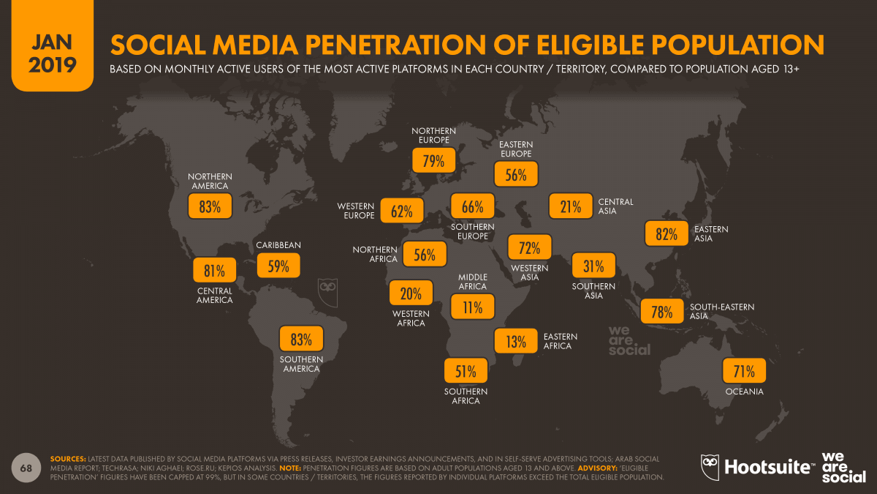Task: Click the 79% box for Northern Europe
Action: point(433,161)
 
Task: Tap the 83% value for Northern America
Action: point(210,207)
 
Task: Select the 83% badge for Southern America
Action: point(301,340)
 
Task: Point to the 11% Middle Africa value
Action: point(472,307)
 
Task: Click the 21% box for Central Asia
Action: point(571,207)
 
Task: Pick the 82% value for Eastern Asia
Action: point(666,234)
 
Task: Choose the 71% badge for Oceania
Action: point(744,372)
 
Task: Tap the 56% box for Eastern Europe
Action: point(516,175)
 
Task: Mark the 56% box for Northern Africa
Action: point(425,255)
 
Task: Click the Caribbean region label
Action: point(278,245)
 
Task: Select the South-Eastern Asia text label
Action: point(721,312)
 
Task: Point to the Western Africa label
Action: point(411,318)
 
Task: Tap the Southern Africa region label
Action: point(466,396)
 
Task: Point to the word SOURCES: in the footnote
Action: point(67,459)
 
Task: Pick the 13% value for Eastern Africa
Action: point(515,341)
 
